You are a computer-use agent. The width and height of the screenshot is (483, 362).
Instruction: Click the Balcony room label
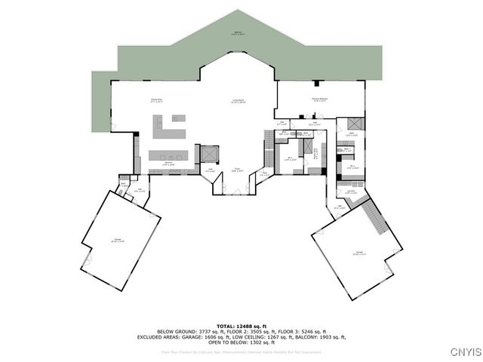[x=238, y=33]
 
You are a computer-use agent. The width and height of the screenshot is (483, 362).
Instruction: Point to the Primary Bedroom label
[x=319, y=99]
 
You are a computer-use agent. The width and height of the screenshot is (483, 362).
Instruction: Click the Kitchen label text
[x=170, y=164]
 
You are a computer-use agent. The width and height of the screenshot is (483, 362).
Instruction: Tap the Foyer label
[x=237, y=170]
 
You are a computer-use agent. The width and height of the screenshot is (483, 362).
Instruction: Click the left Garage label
[x=118, y=241]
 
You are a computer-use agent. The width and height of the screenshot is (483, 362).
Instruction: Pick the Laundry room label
[x=351, y=192]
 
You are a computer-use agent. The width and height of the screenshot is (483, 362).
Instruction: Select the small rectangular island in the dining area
[x=178, y=118]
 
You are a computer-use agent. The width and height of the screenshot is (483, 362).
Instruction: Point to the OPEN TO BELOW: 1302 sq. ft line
[x=241, y=342]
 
